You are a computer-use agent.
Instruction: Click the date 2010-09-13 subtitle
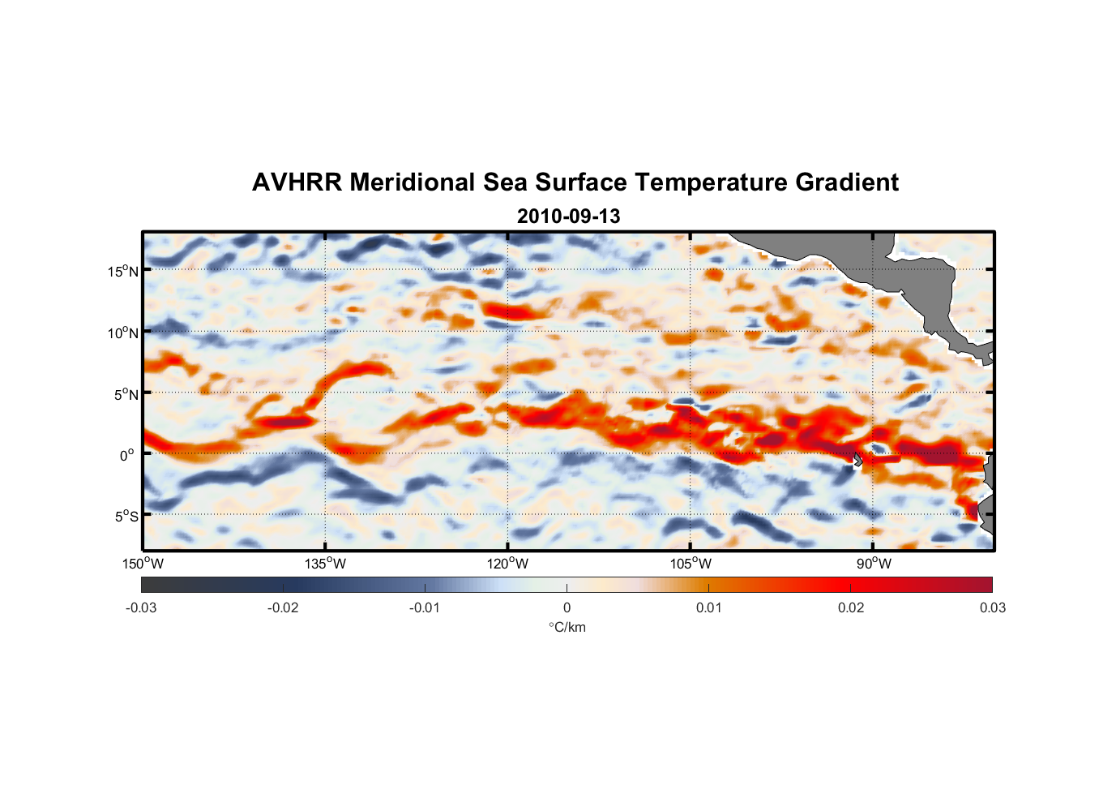(568, 217)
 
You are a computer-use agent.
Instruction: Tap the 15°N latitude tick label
(123, 271)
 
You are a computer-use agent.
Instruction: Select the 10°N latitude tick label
(123, 333)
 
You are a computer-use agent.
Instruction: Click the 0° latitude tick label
(127, 455)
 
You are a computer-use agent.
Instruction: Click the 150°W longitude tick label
(143, 564)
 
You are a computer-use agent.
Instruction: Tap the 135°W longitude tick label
(326, 564)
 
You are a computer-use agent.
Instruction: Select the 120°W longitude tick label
(508, 564)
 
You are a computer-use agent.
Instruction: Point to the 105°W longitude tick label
(691, 564)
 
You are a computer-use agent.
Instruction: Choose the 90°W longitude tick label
(874, 564)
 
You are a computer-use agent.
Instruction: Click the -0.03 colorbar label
(141, 608)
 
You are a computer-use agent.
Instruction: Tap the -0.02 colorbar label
(283, 608)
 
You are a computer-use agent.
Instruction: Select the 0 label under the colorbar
(567, 608)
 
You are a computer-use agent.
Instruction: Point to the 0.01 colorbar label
(708, 608)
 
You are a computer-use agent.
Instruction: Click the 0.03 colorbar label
(992, 608)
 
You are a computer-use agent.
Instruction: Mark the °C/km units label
(567, 627)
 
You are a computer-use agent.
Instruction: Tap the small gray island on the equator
(857, 459)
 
